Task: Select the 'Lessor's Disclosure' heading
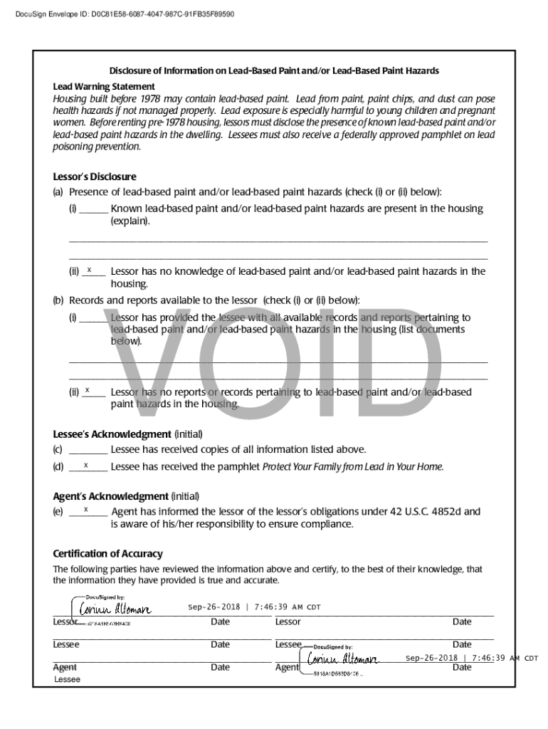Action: click(x=95, y=177)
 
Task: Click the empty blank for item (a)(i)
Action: click(x=93, y=209)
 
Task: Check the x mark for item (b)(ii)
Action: click(x=87, y=390)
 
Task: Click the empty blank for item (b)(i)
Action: click(x=93, y=318)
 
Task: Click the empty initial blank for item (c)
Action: click(x=88, y=450)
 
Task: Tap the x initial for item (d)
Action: click(x=85, y=466)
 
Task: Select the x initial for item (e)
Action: click(x=85, y=510)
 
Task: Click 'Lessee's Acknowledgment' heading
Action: click(x=112, y=434)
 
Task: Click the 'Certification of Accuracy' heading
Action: click(x=107, y=553)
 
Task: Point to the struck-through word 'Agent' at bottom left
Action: click(x=65, y=667)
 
